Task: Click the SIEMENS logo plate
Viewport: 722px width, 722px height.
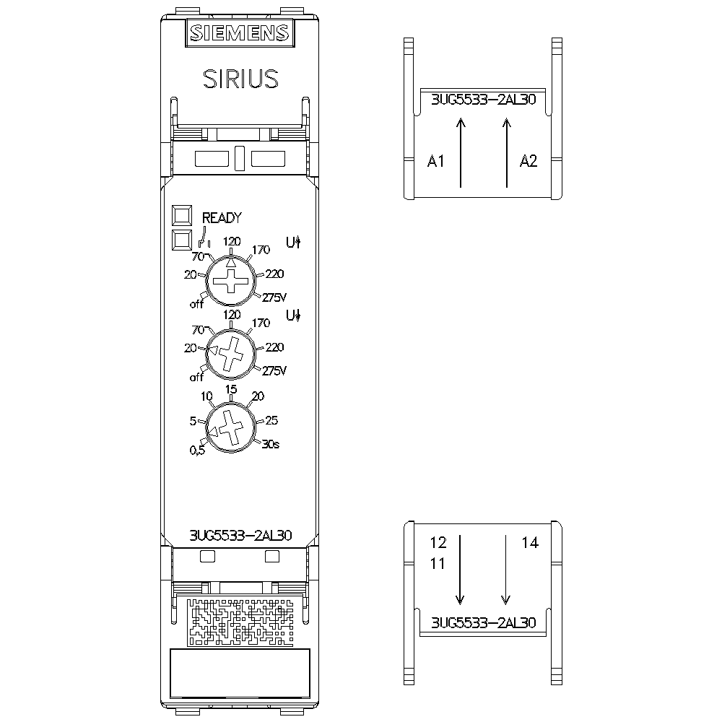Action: (240, 32)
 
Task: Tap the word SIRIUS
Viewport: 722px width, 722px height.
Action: (241, 79)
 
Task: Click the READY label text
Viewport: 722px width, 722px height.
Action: (222, 217)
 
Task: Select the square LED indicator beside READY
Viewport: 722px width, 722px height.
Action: (182, 215)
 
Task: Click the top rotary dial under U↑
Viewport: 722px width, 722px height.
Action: (231, 280)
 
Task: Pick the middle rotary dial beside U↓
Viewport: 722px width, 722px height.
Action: (231, 353)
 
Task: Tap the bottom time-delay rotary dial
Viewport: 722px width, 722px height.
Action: (231, 427)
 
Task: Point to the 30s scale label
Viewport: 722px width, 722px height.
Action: (271, 444)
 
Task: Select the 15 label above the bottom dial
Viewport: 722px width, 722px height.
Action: (231, 389)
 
